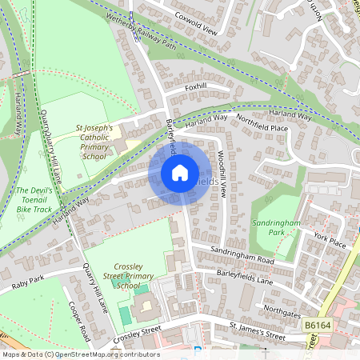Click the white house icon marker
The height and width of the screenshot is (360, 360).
[x=180, y=172]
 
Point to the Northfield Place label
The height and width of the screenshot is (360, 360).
[x=262, y=122]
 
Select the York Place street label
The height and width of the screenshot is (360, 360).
[x=330, y=239]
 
